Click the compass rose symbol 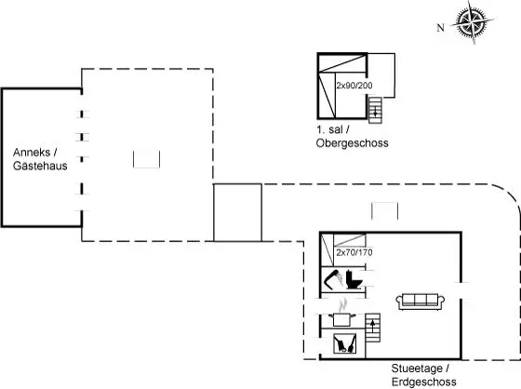473,22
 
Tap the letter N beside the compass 441,28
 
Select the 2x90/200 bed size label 354,86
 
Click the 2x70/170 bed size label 354,252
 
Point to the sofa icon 421,302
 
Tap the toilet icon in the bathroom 354,279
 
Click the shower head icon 334,279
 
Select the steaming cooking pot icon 342,314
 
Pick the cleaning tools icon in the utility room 344,343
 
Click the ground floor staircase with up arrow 373,328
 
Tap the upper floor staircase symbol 375,110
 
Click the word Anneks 32,153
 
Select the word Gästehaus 40,166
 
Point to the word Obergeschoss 353,143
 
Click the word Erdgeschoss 424,382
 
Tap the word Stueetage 418,369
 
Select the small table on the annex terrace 147,159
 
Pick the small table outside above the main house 384,211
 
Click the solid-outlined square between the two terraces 237,212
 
